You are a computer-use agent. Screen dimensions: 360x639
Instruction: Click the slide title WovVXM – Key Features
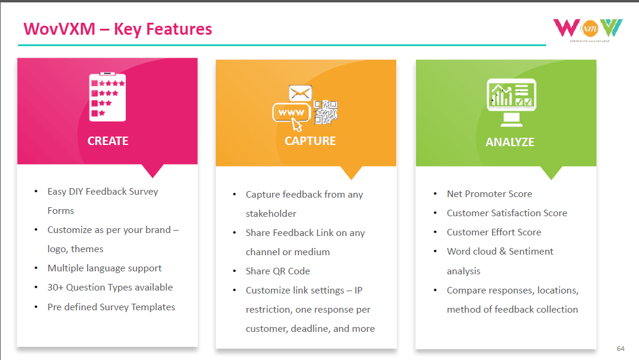point(117,29)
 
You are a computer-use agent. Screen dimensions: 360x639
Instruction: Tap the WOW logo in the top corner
point(587,28)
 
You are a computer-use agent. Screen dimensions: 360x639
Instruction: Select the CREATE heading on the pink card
point(108,141)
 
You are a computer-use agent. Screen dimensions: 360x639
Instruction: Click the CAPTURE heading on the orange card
point(310,141)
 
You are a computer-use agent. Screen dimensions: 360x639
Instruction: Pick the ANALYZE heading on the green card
point(510,142)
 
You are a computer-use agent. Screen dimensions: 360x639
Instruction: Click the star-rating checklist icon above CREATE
point(107,96)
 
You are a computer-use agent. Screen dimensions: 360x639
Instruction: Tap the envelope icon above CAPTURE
point(300,93)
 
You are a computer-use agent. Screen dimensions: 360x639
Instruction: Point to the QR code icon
point(325,111)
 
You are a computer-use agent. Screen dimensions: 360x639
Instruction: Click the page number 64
point(620,348)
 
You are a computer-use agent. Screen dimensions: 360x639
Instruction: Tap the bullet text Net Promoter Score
point(489,193)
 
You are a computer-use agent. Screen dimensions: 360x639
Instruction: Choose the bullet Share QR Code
point(278,271)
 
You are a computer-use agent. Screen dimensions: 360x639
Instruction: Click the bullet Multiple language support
point(104,268)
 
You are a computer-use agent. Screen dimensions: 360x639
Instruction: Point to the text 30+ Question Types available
point(110,287)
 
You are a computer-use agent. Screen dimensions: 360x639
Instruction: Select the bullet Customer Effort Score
point(493,232)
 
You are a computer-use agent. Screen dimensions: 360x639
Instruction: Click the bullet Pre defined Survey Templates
point(111,307)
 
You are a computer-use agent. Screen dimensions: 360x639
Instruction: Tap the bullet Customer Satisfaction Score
point(507,213)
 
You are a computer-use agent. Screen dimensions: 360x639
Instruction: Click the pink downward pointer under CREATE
point(153,170)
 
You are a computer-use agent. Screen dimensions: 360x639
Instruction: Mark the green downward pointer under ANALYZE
point(551,173)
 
